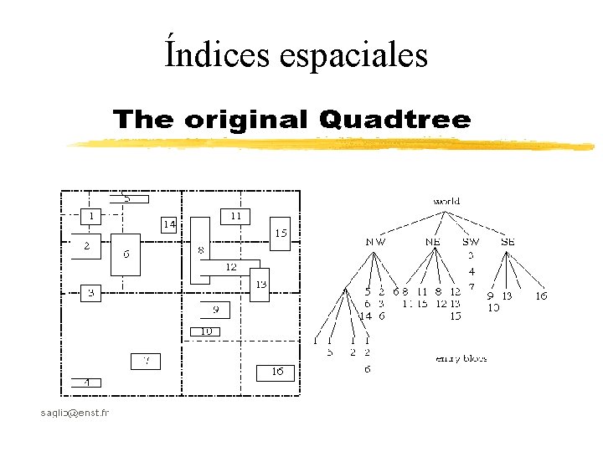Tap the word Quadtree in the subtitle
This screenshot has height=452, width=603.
tap(394, 120)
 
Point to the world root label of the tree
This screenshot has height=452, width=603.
tap(446, 202)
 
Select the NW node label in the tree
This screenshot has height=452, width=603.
tap(376, 242)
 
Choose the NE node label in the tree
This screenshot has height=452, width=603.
tap(433, 242)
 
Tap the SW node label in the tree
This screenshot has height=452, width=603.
tap(471, 242)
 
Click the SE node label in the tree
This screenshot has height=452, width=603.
tap(508, 242)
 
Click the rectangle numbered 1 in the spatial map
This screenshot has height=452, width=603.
tap(90, 216)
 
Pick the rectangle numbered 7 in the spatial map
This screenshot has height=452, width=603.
tap(145, 362)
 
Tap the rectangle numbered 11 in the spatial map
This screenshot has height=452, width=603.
tap(235, 216)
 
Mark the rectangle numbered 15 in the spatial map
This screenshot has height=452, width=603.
tap(281, 234)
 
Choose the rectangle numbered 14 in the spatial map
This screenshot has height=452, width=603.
tap(170, 224)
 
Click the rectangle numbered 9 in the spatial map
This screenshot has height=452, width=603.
tap(215, 310)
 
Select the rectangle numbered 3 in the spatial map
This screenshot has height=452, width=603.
tap(90, 293)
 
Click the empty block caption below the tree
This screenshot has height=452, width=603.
tap(461, 358)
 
